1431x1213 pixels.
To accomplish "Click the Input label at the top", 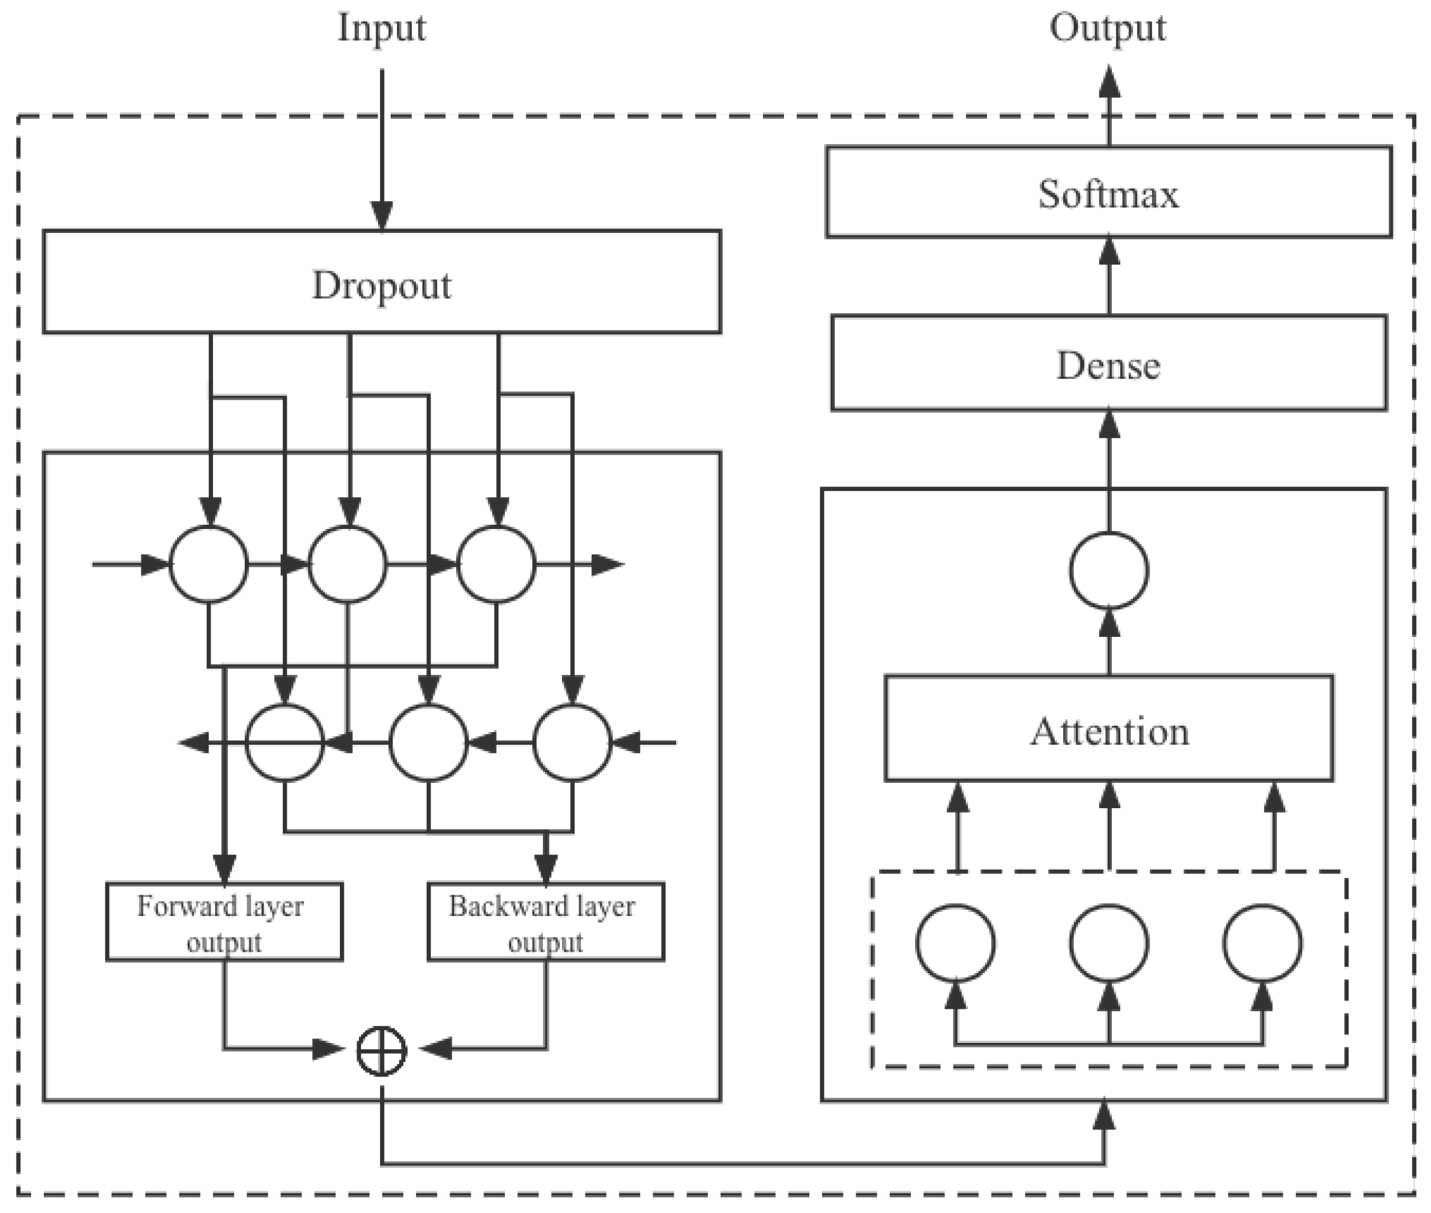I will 382,29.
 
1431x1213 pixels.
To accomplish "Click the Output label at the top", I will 1107,29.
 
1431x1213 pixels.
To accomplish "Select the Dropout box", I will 382,282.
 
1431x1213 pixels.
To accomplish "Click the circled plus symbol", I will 382,1050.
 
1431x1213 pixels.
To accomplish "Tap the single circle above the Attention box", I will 1109,570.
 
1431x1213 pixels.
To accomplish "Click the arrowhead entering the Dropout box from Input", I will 382,215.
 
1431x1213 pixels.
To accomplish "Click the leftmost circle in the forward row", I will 209,565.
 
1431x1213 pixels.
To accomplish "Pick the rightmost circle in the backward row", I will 572,742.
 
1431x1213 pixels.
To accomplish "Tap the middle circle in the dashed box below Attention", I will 1109,943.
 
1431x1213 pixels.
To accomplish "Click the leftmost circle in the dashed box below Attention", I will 956,943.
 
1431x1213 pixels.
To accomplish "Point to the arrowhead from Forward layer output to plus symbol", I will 327,1049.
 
